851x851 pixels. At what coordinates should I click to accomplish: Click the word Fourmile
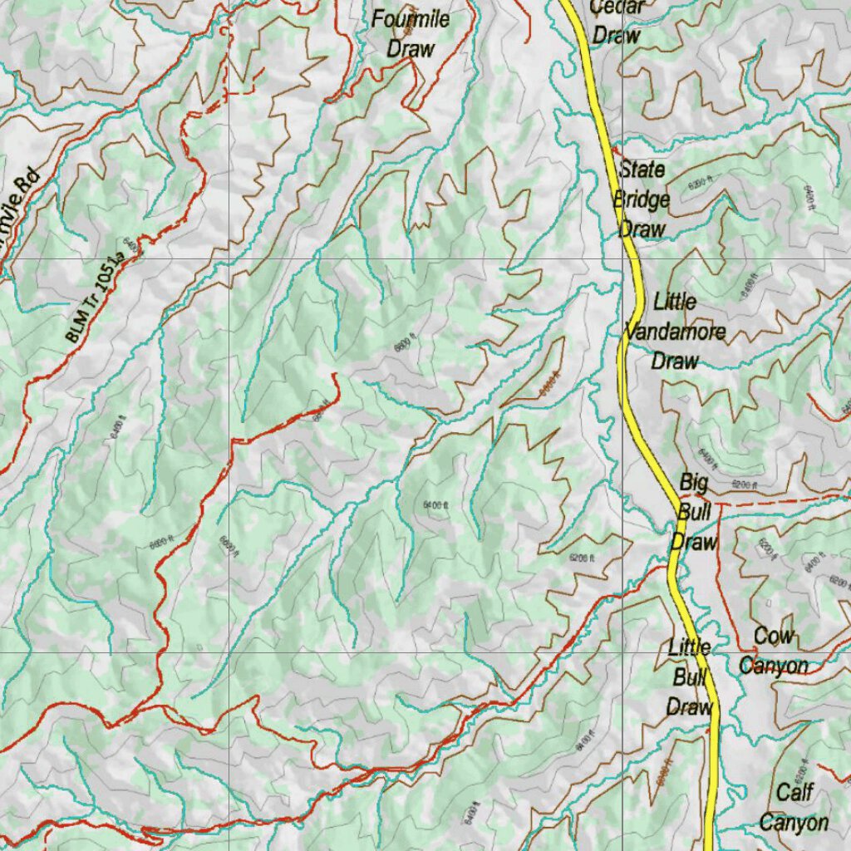pyautogui.click(x=411, y=19)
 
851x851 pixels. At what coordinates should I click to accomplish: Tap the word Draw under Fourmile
pyautogui.click(x=411, y=48)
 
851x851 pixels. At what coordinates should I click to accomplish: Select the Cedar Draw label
pyautogui.click(x=616, y=22)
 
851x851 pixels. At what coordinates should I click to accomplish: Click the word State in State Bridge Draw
pyautogui.click(x=642, y=169)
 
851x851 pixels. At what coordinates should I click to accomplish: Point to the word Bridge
pyautogui.click(x=642, y=199)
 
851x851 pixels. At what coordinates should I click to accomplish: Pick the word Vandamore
pyautogui.click(x=675, y=332)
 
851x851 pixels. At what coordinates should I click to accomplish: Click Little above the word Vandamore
pyautogui.click(x=674, y=301)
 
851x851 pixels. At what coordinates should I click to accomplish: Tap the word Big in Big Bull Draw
pyautogui.click(x=693, y=482)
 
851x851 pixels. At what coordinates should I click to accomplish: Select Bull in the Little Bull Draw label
pyautogui.click(x=689, y=677)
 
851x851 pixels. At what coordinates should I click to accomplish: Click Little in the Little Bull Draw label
pyautogui.click(x=689, y=647)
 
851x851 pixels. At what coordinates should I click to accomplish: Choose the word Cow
pyautogui.click(x=774, y=637)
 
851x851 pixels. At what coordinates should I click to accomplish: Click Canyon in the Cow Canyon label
pyautogui.click(x=774, y=666)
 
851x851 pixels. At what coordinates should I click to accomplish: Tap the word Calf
pyautogui.click(x=794, y=792)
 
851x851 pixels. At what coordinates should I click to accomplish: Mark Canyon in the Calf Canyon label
pyautogui.click(x=794, y=823)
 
